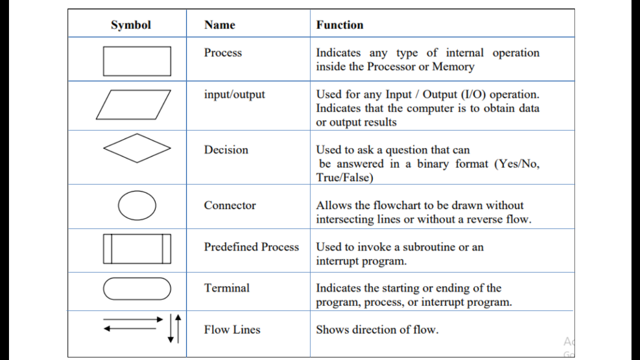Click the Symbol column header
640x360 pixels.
pyautogui.click(x=130, y=25)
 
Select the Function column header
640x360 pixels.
pyautogui.click(x=339, y=25)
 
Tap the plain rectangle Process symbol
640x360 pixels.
pyautogui.click(x=136, y=61)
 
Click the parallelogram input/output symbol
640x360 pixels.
pyautogui.click(x=133, y=104)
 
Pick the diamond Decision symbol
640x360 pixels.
pyautogui.click(x=137, y=148)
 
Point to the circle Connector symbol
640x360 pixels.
pyautogui.click(x=137, y=205)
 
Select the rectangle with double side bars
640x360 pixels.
pyautogui.click(x=137, y=248)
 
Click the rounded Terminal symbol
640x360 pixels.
pyautogui.click(x=137, y=288)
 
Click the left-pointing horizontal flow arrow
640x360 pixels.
pyautogui.click(x=130, y=328)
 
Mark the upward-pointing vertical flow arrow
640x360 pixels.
pyautogui.click(x=178, y=327)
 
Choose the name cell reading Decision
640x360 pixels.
pyautogui.click(x=226, y=149)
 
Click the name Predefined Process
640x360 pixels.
pyautogui.click(x=251, y=246)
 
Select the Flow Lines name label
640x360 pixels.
pyautogui.click(x=232, y=329)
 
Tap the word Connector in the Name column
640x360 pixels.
pyautogui.click(x=229, y=205)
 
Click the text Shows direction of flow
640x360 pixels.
pyautogui.click(x=377, y=329)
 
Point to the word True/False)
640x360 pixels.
pyautogui.click(x=344, y=177)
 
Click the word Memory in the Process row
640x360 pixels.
pyautogui.click(x=453, y=66)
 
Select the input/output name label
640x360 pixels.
pyautogui.click(x=234, y=94)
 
